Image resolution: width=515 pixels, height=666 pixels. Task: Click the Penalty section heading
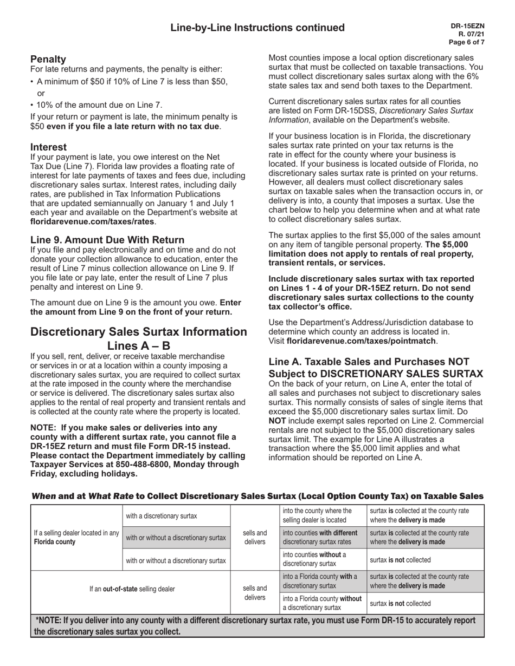pyautogui.click(x=48, y=59)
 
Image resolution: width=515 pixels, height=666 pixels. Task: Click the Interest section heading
pyautogui.click(x=49, y=147)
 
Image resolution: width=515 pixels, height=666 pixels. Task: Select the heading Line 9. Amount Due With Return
pyautogui.click(x=107, y=239)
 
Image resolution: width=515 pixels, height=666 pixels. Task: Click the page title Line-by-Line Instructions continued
pyautogui.click(x=257, y=28)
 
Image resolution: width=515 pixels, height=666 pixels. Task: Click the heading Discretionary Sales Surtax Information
pyautogui.click(x=139, y=332)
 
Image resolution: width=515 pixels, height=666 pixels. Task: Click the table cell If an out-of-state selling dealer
pyautogui.click(x=132, y=589)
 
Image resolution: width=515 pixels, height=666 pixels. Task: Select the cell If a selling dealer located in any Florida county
pyautogui.click(x=76, y=538)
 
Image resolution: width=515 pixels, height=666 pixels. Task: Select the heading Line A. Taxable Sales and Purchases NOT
pyautogui.click(x=369, y=362)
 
